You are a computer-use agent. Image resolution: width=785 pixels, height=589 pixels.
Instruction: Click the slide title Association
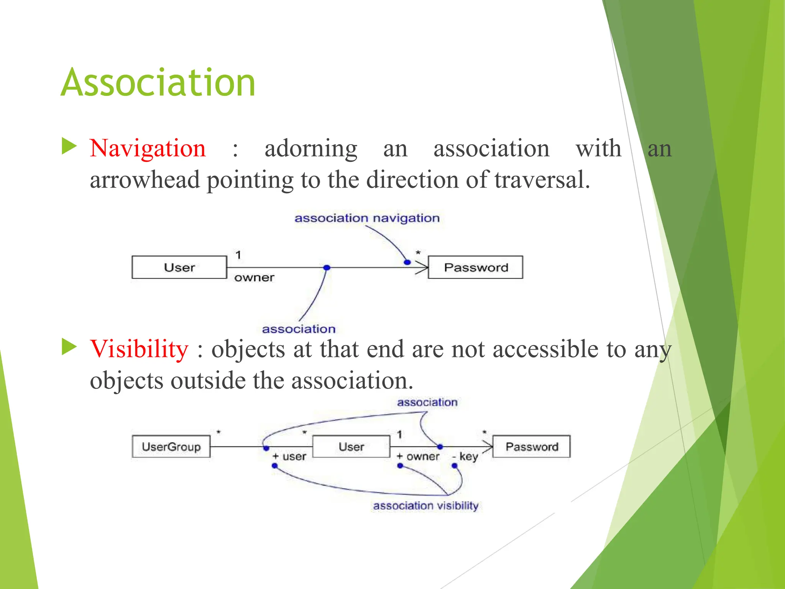tap(158, 82)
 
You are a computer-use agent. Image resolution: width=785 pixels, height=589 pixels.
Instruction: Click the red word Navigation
tap(148, 148)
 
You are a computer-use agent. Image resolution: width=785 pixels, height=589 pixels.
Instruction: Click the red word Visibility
tap(139, 349)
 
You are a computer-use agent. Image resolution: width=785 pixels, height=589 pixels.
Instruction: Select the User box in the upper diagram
tap(179, 267)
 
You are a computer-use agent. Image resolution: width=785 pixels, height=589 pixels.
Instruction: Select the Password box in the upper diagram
tap(475, 267)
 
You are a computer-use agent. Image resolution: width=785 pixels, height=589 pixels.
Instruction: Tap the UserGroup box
tap(171, 447)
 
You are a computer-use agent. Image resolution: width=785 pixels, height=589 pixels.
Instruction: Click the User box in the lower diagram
tap(351, 447)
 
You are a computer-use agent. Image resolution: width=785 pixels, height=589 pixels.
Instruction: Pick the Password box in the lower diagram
tap(531, 447)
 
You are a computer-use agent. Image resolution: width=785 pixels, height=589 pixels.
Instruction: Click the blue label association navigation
tap(367, 218)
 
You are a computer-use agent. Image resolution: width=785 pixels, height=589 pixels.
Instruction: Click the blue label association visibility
tap(425, 506)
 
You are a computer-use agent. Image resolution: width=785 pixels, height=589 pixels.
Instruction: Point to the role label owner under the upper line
tap(254, 278)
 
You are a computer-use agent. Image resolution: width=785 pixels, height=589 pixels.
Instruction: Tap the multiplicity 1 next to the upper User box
tap(238, 255)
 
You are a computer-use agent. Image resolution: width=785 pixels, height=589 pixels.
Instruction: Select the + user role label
tap(289, 457)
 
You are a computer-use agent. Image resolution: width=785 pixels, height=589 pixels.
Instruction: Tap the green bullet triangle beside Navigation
tap(69, 146)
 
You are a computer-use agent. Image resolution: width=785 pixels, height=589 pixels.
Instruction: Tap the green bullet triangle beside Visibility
tap(69, 347)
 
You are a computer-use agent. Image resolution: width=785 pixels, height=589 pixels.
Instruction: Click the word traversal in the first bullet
tap(542, 180)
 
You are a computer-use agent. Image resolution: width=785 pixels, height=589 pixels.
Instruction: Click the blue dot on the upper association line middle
tap(327, 268)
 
